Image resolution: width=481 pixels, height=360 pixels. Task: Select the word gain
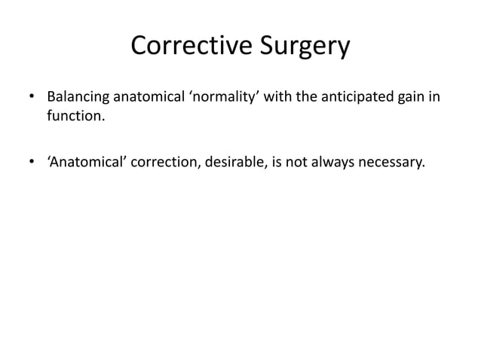[412, 99]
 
